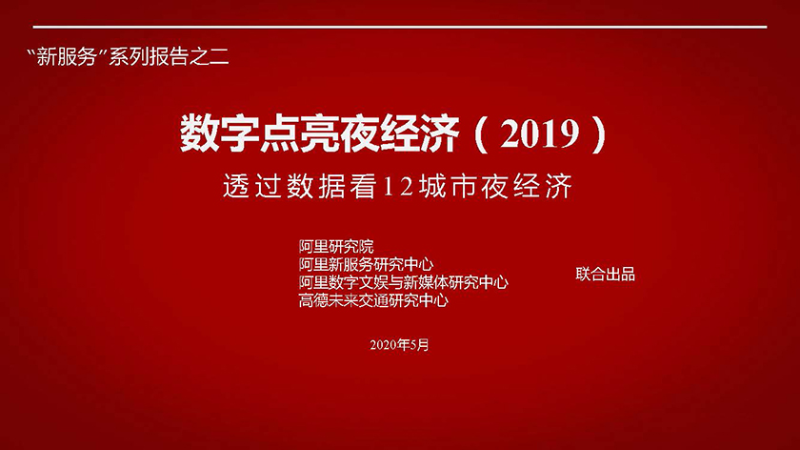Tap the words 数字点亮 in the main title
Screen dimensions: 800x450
(259, 133)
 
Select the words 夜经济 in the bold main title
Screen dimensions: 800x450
(399, 133)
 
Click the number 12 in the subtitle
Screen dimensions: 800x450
(397, 187)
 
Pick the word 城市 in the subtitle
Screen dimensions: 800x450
(447, 186)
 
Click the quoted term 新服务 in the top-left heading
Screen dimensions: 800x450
(67, 56)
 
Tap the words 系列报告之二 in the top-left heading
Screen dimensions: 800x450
(169, 56)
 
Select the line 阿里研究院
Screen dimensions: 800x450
(336, 247)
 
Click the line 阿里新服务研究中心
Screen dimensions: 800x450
(366, 265)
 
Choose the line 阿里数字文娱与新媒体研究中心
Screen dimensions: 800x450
(404, 282)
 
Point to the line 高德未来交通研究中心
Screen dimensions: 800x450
(373, 300)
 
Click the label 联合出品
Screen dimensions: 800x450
(605, 275)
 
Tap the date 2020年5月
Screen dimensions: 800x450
(399, 345)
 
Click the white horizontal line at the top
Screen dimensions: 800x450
(400, 27)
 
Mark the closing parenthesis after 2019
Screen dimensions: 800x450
(599, 134)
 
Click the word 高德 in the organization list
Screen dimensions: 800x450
(313, 300)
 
